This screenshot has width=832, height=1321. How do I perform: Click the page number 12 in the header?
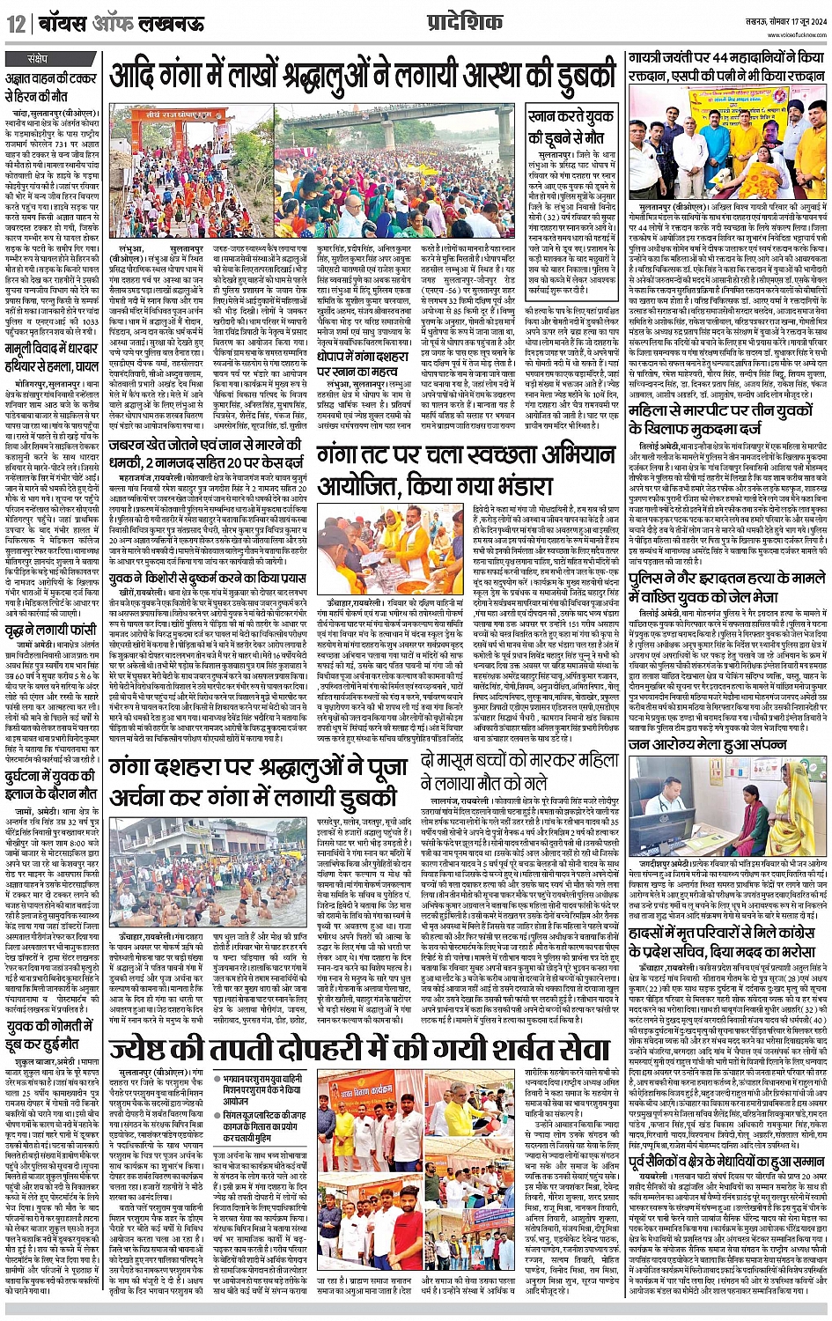16,24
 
